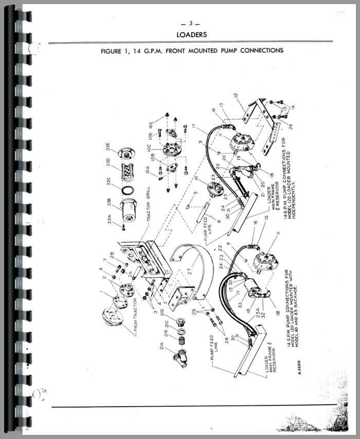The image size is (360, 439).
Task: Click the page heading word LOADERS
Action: [191, 35]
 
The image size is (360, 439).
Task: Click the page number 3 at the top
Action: [191, 23]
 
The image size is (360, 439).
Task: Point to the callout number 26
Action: [291, 125]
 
